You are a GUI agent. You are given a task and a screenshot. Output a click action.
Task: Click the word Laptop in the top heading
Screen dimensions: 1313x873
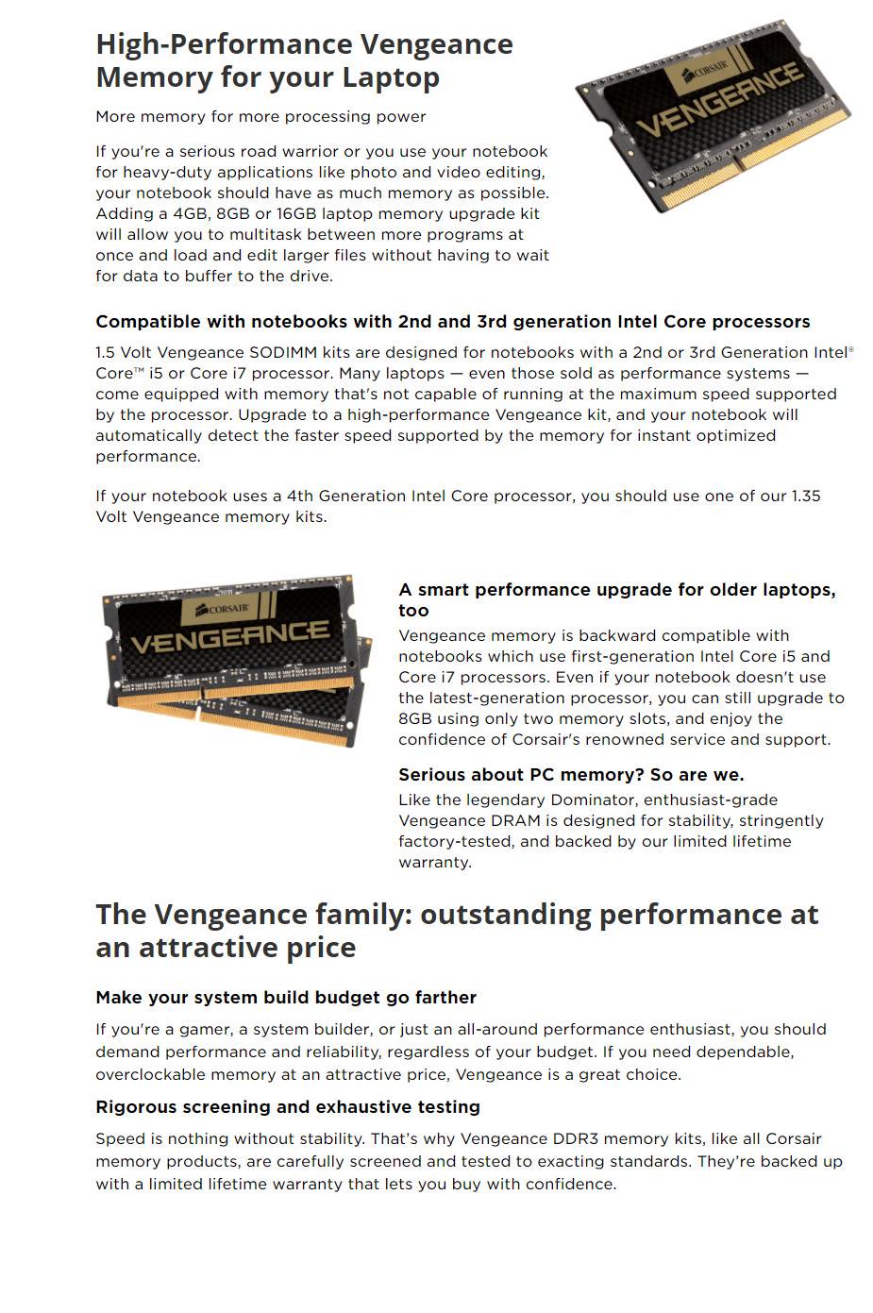(390, 77)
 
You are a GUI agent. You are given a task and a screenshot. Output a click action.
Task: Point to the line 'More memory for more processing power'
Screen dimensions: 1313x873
(260, 117)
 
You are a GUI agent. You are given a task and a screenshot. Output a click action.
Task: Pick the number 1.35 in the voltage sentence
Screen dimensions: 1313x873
(804, 497)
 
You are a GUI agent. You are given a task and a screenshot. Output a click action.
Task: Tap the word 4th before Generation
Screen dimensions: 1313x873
(297, 497)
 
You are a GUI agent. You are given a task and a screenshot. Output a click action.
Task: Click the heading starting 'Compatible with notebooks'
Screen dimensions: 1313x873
(452, 322)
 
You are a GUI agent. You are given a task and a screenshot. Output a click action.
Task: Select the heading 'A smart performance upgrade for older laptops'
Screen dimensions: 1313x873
(616, 591)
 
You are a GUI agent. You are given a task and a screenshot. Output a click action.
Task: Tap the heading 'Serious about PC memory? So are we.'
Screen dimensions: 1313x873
(571, 775)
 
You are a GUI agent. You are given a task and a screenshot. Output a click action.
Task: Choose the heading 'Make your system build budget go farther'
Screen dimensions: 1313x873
(286, 998)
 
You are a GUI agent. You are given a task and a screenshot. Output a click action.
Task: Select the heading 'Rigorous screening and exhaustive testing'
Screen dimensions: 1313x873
(288, 1107)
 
